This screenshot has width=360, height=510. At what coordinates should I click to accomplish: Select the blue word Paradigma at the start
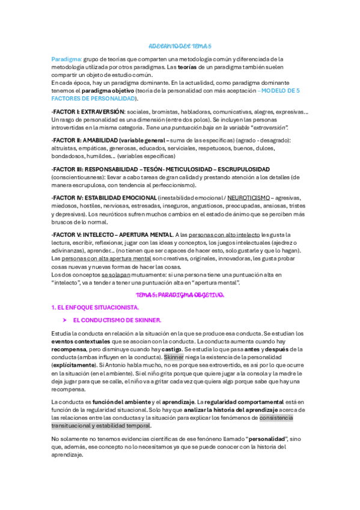(66, 59)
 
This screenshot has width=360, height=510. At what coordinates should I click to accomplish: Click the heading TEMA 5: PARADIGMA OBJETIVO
(180, 295)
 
